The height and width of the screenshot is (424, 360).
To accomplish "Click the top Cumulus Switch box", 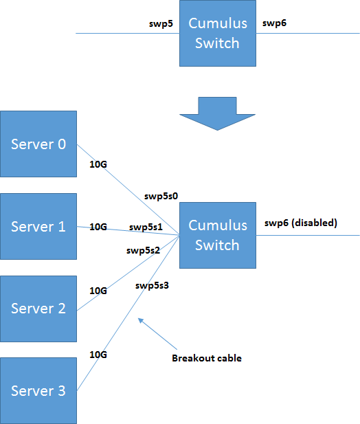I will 217,34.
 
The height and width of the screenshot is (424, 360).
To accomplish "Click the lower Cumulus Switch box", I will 217,234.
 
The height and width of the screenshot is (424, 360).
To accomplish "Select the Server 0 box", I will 38,144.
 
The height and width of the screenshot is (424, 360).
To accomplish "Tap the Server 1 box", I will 38,226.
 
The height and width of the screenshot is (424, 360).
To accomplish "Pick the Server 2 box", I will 38,308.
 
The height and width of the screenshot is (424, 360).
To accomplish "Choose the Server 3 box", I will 38,390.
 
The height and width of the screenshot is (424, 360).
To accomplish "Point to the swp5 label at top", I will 161,23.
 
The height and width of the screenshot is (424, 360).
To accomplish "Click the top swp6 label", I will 274,23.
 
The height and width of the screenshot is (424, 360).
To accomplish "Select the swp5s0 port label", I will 161,196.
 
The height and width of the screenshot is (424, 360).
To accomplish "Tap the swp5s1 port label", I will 145,227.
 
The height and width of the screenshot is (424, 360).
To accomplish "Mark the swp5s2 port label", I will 143,250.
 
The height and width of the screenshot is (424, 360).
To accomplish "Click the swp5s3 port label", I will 152,284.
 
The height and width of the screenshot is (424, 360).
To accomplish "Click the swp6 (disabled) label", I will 300,223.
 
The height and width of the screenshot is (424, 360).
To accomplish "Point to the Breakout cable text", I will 206,358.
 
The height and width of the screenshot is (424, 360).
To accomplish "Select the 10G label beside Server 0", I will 99,164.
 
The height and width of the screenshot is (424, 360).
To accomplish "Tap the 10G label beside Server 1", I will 99,227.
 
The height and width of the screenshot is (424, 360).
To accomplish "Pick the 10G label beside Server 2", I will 99,291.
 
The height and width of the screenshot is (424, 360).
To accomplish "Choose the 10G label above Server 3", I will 99,355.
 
